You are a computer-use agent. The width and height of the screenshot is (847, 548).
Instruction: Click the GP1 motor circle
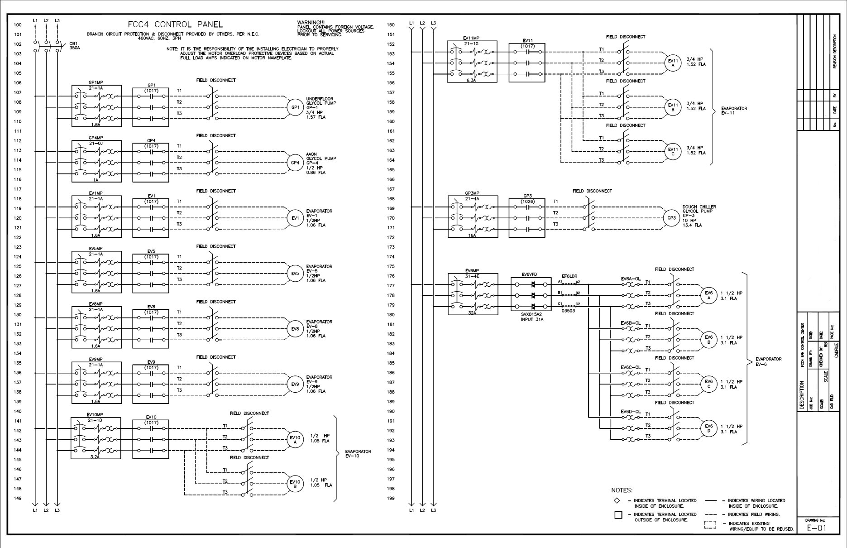(295, 107)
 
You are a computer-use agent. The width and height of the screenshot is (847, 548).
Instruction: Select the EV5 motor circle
(295, 274)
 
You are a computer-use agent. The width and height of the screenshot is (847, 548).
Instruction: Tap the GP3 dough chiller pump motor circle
(671, 218)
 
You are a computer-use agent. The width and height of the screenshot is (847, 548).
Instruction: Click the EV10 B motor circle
(295, 484)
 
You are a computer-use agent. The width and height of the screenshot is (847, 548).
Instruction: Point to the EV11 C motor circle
(673, 151)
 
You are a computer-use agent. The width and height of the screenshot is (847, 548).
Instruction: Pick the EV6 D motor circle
(709, 428)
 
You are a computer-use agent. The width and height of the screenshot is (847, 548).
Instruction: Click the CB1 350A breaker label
(74, 46)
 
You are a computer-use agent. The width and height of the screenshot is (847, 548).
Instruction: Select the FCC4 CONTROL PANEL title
(176, 24)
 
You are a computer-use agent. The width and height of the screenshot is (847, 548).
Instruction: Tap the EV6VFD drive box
(531, 294)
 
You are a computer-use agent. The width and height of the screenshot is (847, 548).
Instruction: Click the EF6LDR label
(569, 276)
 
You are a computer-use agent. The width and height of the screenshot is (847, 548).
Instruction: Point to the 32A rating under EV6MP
(472, 312)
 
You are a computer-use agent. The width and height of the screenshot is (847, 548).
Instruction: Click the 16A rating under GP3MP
(472, 236)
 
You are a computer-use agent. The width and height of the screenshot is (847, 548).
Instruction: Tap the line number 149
(18, 498)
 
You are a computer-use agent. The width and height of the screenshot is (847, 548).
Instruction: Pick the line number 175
(391, 266)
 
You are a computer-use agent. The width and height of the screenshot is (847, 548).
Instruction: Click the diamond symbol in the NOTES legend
(617, 500)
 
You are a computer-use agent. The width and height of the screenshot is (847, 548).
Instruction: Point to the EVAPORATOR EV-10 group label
(358, 453)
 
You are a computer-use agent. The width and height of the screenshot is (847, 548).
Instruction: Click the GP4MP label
(96, 138)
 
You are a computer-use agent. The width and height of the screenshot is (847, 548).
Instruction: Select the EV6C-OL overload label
(631, 367)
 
